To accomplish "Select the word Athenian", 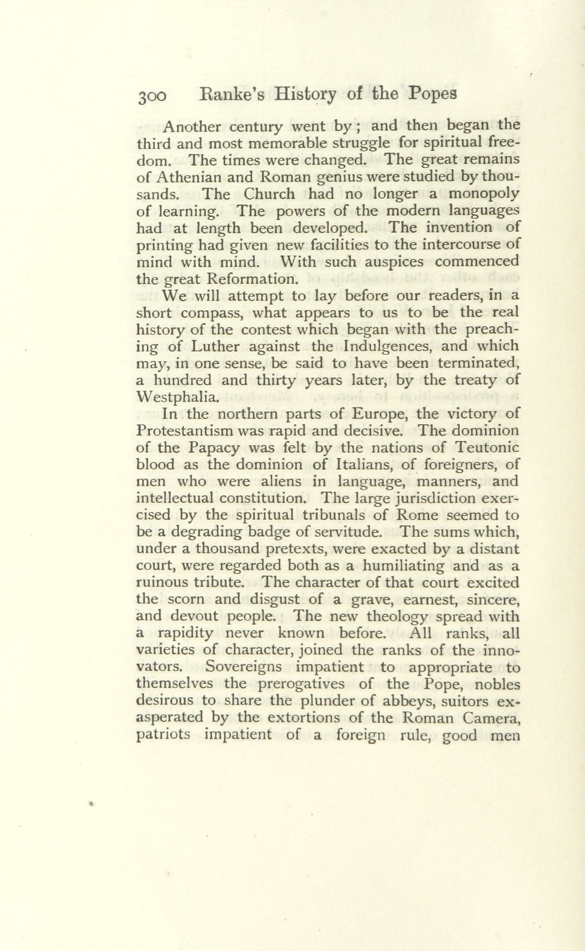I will pos(190,177).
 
